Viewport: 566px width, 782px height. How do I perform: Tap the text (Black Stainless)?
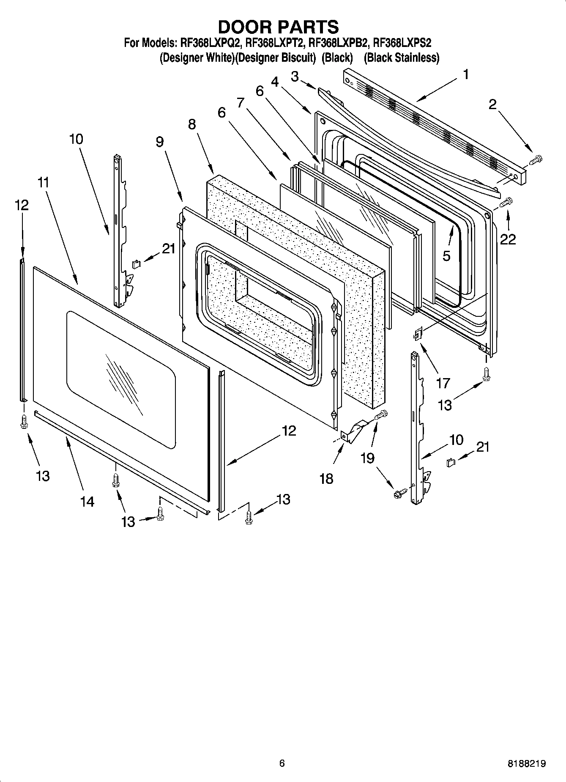[401, 58]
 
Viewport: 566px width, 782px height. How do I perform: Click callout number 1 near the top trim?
[465, 75]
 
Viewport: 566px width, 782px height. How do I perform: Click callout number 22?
[508, 239]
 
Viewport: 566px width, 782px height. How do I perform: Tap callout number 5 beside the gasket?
[446, 255]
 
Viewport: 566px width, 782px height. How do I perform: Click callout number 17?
[443, 383]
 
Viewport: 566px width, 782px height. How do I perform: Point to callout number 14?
[87, 502]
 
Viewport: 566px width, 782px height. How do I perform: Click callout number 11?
[43, 183]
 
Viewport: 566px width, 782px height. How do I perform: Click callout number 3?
[295, 76]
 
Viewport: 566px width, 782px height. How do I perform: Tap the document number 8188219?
[526, 763]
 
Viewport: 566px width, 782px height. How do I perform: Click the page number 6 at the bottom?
[282, 763]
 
